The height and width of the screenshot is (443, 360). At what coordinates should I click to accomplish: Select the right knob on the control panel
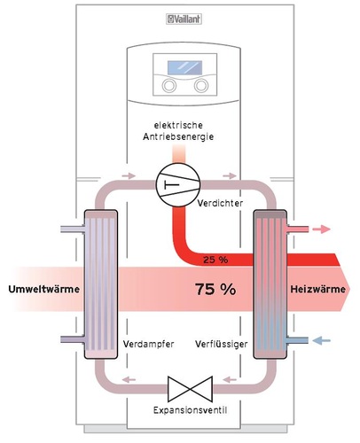(200, 88)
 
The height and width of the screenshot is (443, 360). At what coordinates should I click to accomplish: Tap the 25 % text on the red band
(215, 260)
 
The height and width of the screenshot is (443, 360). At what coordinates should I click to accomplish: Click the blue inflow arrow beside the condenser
(321, 339)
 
